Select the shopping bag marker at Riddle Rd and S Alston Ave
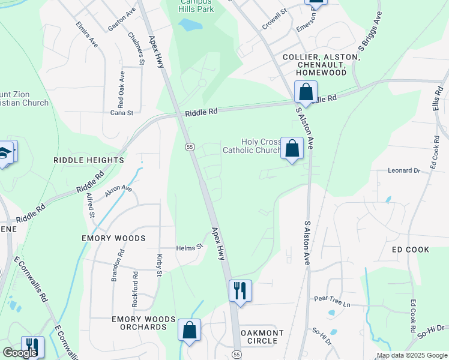[x=306, y=93]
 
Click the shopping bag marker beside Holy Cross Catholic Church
[x=292, y=149]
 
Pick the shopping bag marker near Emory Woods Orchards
[x=189, y=331]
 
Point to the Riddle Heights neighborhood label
[x=88, y=160]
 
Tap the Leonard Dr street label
[x=403, y=170]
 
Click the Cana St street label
[x=121, y=112]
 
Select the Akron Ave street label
[x=118, y=191]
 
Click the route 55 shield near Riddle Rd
[x=189, y=146]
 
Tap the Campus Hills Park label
[x=196, y=6]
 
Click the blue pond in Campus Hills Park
[x=190, y=25]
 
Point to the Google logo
[x=19, y=353]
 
